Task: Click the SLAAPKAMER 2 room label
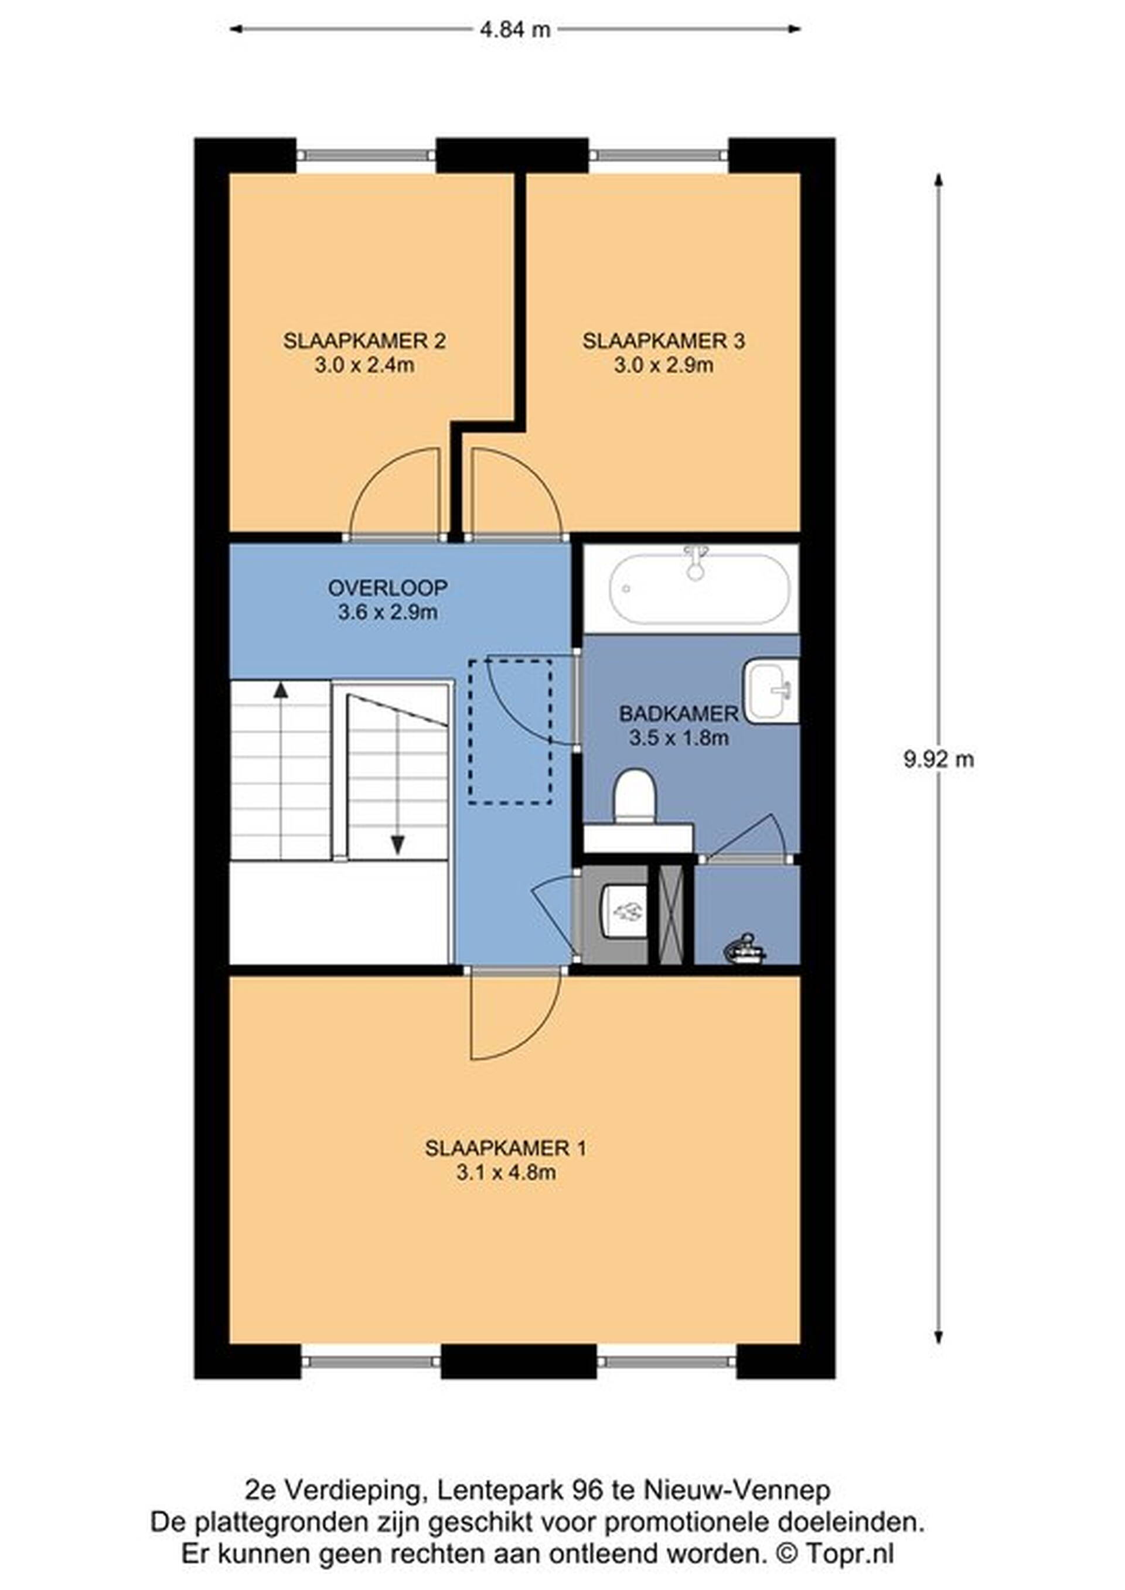[364, 341]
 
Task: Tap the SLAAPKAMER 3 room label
[664, 341]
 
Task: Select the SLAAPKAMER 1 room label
[506, 1148]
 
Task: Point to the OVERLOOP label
[388, 588]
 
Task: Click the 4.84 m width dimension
[516, 29]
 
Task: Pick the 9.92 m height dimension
[939, 760]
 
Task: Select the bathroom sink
[771, 690]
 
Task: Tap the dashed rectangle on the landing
[510, 731]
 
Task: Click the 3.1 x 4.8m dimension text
[506, 1173]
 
